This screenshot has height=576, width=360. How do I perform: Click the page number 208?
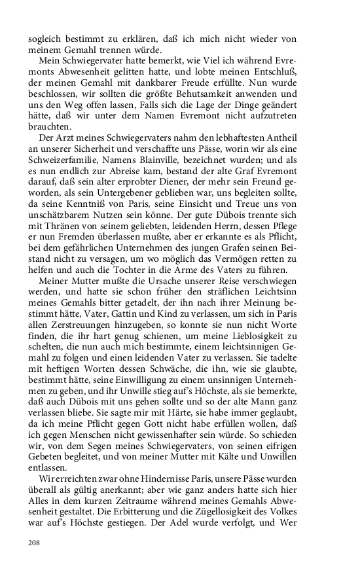point(34,543)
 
